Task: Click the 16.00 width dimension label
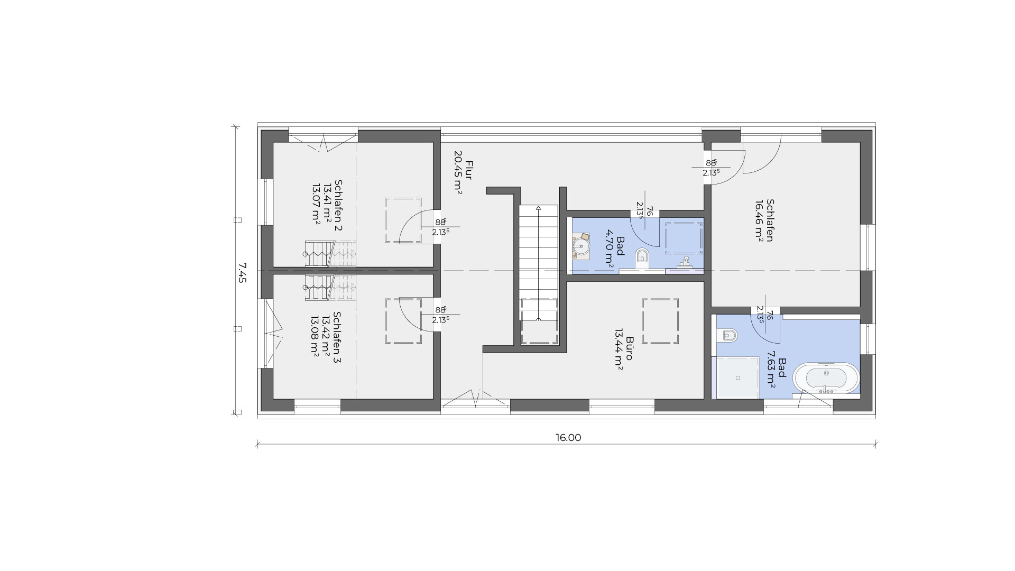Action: [x=568, y=438]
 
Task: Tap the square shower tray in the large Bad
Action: [x=736, y=377]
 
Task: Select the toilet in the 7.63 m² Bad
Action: [x=729, y=335]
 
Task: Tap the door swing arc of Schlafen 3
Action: [x=411, y=312]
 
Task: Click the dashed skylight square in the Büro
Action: [x=660, y=321]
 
